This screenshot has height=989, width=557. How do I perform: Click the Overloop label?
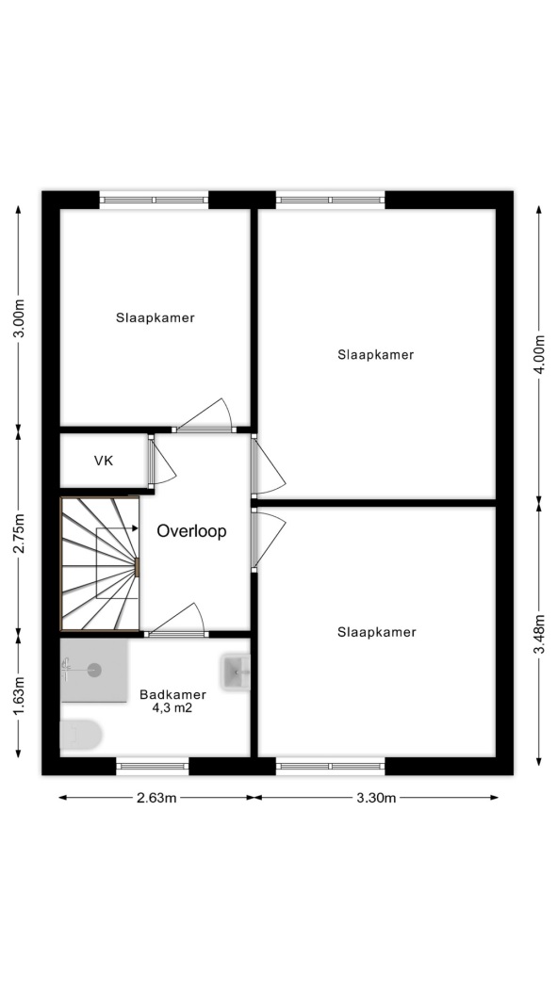(x=191, y=531)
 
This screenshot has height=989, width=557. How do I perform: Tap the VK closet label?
(x=104, y=461)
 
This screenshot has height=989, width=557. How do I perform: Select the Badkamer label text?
(x=172, y=695)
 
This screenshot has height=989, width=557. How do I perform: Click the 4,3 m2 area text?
(x=172, y=708)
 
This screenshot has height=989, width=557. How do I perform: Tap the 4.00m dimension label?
(x=539, y=354)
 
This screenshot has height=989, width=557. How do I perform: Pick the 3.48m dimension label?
(x=539, y=633)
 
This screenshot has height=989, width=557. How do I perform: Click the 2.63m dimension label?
(x=157, y=798)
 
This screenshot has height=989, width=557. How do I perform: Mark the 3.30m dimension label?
(x=376, y=798)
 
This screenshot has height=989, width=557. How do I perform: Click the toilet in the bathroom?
(x=81, y=735)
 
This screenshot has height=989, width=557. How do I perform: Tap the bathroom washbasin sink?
(x=236, y=672)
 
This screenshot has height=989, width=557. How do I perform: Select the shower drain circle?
(x=94, y=670)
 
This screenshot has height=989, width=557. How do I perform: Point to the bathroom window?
(x=153, y=766)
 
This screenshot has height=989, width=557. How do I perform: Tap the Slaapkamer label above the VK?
(x=156, y=318)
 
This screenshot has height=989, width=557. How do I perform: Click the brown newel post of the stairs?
(x=137, y=566)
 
